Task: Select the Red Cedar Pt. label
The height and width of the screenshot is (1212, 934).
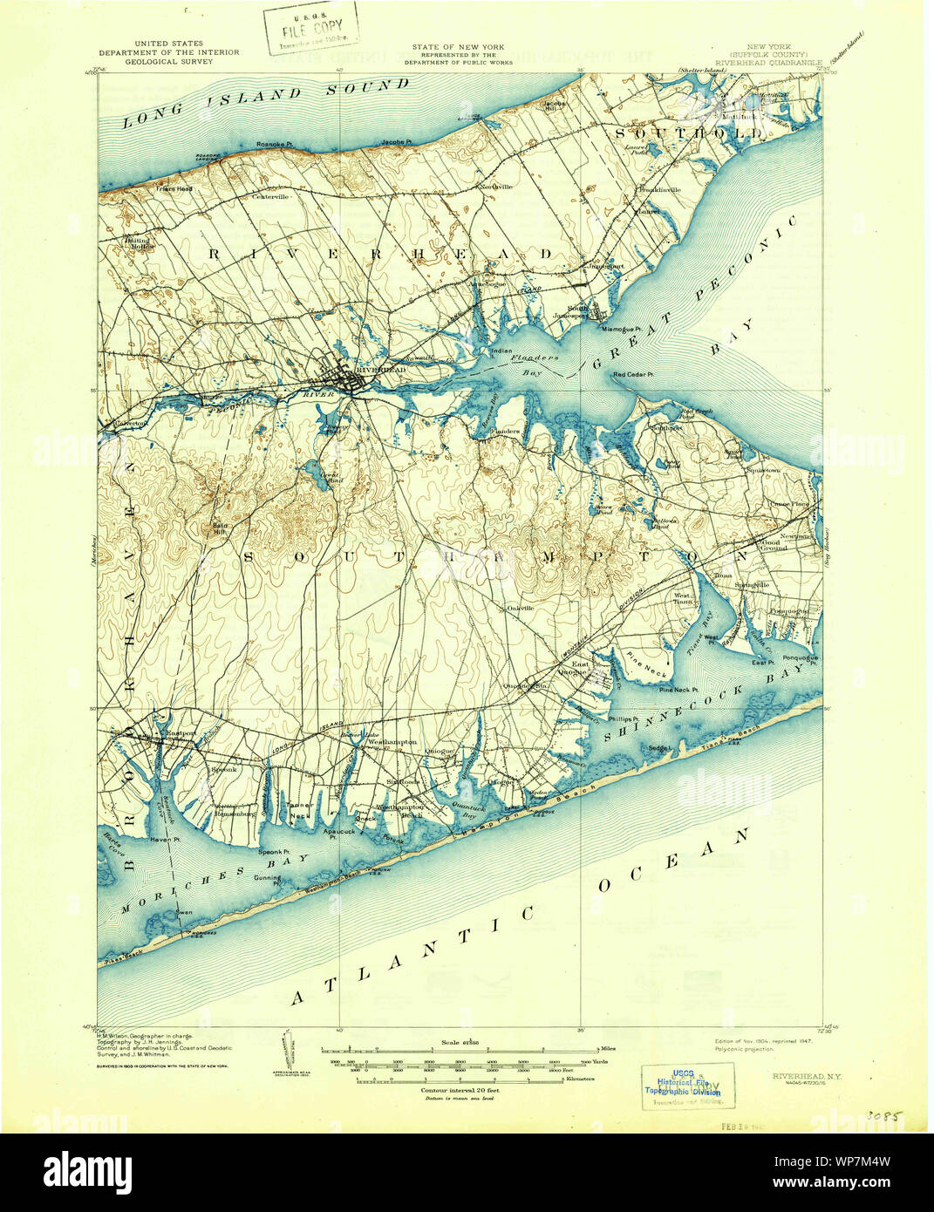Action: tap(633, 375)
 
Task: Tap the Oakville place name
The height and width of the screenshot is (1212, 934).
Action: tap(521, 608)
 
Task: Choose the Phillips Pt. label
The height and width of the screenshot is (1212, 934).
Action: tap(624, 719)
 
